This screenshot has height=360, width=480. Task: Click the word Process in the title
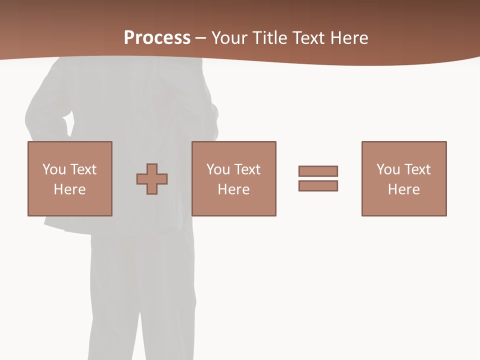tap(157, 38)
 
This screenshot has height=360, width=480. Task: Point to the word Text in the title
tap(309, 38)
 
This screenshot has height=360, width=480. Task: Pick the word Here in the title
tap(349, 38)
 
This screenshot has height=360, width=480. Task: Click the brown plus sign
tap(152, 179)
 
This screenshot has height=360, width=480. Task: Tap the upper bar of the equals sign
tap(318, 171)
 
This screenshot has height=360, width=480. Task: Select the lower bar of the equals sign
tap(318, 186)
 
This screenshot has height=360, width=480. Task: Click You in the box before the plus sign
tap(54, 169)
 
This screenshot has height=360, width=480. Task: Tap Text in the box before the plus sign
tap(83, 169)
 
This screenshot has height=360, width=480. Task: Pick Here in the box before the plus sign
tap(69, 189)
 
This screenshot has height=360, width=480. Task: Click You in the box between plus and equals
tap(218, 169)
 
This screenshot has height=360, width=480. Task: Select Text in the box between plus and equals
tap(247, 169)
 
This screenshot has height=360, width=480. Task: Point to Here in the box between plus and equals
tap(233, 189)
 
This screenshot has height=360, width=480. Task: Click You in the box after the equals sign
tap(388, 169)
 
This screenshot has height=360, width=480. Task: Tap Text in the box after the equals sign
tap(417, 169)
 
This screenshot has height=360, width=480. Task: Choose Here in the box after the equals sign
tap(403, 189)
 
